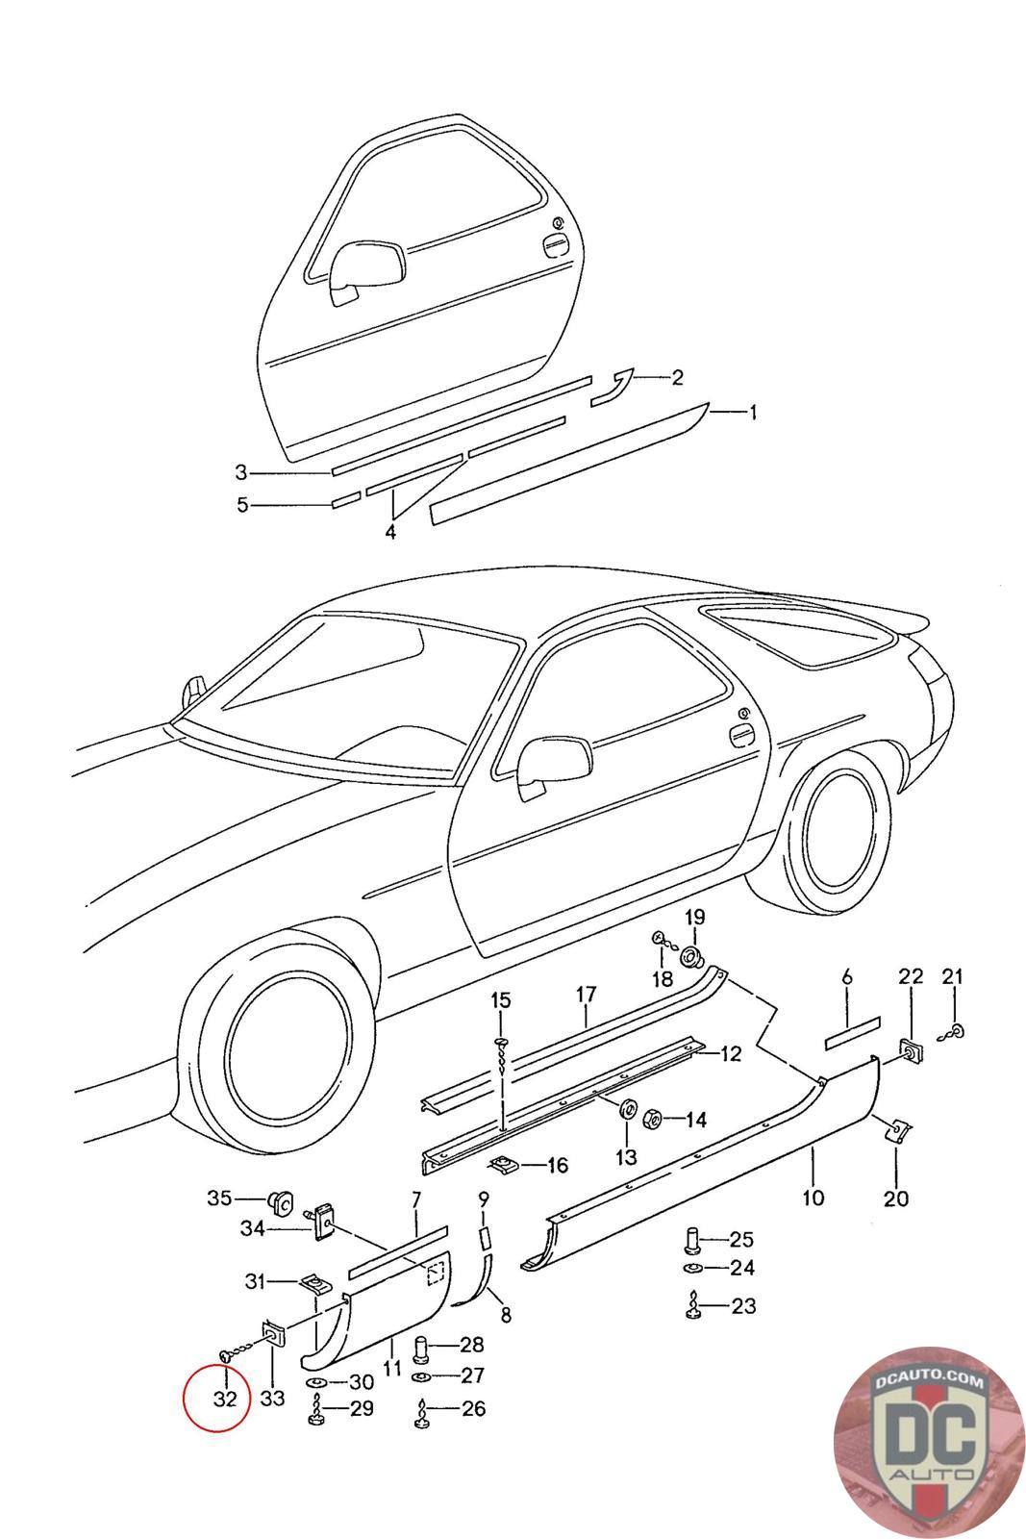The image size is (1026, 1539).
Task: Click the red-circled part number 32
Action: pyautogui.click(x=224, y=1399)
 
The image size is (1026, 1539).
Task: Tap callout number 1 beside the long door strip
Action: pyautogui.click(x=753, y=413)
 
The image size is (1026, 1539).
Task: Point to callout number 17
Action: pyautogui.click(x=587, y=995)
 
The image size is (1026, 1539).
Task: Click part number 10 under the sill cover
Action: pyautogui.click(x=813, y=1198)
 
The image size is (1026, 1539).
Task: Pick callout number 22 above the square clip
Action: pyautogui.click(x=911, y=976)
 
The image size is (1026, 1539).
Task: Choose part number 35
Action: pyautogui.click(x=219, y=1198)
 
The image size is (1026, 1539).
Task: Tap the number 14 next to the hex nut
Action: pyautogui.click(x=696, y=1120)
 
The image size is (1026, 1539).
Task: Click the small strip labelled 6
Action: pyautogui.click(x=852, y=1026)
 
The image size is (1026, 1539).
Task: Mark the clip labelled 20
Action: pyautogui.click(x=896, y=1129)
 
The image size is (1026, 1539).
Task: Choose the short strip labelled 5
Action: pyautogui.click(x=345, y=499)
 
